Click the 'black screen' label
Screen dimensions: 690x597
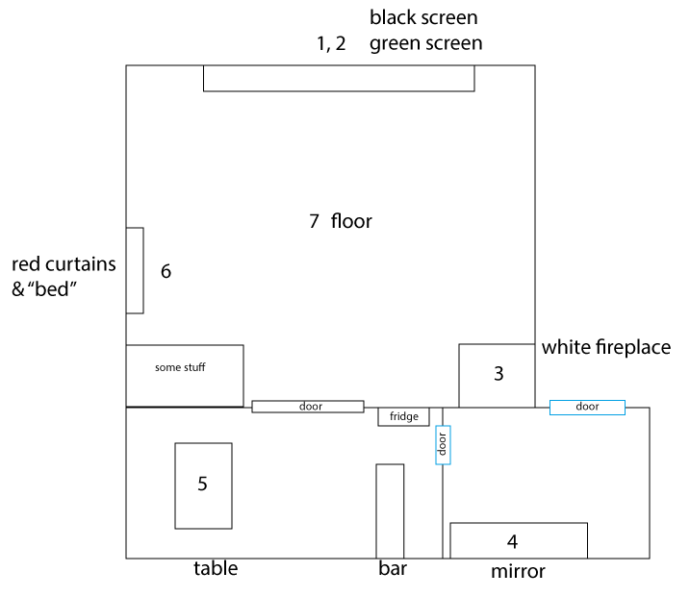point(423,18)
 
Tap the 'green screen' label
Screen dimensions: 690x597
point(426,43)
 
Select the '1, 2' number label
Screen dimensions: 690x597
point(331,44)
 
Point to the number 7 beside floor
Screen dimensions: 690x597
point(314,221)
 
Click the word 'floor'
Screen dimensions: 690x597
point(351,221)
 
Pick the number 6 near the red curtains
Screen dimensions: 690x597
point(166,271)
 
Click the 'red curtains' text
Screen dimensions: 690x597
point(64,264)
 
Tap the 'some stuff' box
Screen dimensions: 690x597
point(185,376)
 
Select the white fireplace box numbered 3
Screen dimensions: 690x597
point(497,376)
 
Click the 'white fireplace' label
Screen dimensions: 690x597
point(606,347)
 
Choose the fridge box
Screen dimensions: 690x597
point(403,417)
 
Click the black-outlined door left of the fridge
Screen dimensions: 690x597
point(308,407)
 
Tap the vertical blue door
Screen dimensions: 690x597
point(443,445)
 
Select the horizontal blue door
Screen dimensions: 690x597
point(587,408)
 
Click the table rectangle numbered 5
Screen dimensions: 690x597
point(203,485)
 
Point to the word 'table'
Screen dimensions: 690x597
point(216,569)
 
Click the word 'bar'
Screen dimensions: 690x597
point(393,569)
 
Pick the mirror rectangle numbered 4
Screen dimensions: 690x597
point(519,540)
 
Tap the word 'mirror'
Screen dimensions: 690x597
point(518,571)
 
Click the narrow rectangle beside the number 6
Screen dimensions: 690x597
point(135,270)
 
